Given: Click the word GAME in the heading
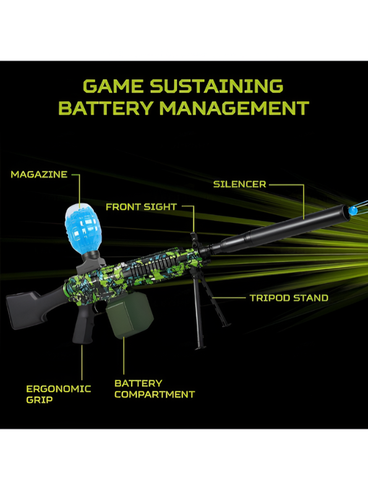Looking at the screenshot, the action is pos(113,86).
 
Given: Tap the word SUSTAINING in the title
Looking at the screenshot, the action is pos(216,86).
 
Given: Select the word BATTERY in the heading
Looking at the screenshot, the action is pos(106,108).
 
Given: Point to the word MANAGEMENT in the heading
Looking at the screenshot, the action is pos(234,108).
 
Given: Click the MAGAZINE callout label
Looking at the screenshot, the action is pos(39,174).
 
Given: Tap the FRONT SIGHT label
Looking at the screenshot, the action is pos(141,207).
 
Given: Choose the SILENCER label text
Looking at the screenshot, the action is pos(239,184).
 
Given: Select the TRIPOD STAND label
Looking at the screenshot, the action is pos(289,298).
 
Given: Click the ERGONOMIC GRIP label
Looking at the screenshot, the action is pos(59,394).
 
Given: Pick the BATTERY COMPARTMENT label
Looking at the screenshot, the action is pos(155,389).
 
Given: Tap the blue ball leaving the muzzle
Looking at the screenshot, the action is pos(353,210).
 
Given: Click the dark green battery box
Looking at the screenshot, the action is pos(129,316).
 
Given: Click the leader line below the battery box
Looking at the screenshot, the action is pos(124,356).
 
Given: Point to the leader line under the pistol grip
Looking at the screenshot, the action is pos(82,362).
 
